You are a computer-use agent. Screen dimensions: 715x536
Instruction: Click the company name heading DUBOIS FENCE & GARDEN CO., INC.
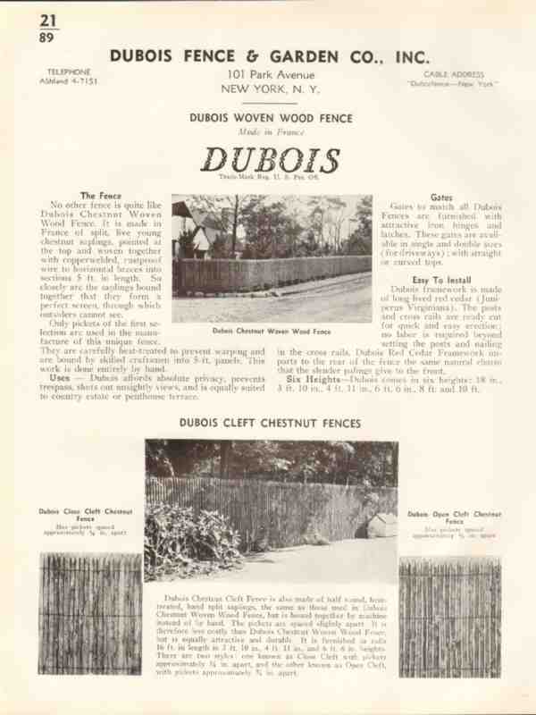coord(269,55)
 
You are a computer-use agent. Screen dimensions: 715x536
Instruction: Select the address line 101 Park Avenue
coord(269,73)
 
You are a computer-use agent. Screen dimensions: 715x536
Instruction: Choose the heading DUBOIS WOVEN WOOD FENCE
coord(271,118)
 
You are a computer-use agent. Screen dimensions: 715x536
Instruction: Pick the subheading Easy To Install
coord(440,280)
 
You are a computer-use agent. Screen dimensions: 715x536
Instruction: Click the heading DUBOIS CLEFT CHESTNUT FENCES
coord(271,422)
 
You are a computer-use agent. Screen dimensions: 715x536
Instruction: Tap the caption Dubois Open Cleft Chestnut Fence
coord(449,515)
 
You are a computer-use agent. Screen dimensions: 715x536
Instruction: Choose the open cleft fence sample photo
coord(449,617)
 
